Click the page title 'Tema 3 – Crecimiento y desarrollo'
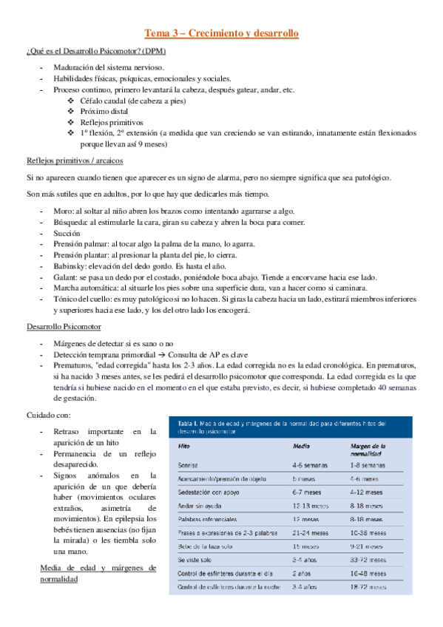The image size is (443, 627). click(221, 34)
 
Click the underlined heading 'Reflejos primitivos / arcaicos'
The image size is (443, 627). click(74, 160)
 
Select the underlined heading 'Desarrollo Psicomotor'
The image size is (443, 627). click(64, 326)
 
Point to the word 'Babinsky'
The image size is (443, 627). click(70, 265)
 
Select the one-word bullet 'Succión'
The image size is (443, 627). click(68, 233)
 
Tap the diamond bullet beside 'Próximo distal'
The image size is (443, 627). click(70, 112)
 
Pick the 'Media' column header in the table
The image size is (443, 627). click(302, 447)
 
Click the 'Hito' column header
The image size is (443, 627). click(184, 447)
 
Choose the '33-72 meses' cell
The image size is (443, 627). click(369, 559)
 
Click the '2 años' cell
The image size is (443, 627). click(302, 573)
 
